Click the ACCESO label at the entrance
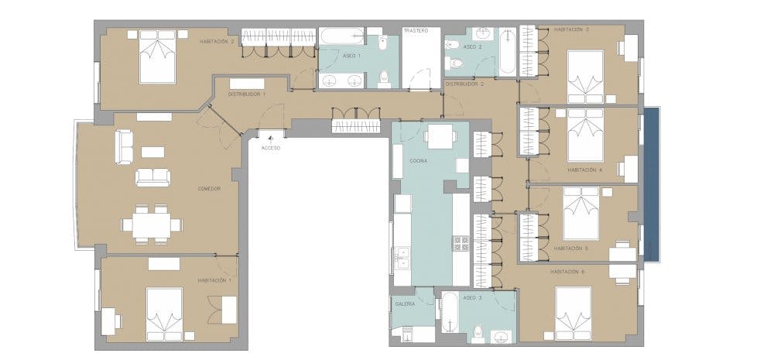pyautogui.click(x=271, y=148)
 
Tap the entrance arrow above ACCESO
pyautogui.click(x=271, y=141)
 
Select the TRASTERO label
pyautogui.click(x=415, y=31)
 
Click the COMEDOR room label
pyautogui.click(x=209, y=189)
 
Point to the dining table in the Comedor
pyautogui.click(x=152, y=225)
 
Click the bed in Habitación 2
pyautogui.click(x=157, y=57)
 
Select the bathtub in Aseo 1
pyautogui.click(x=341, y=37)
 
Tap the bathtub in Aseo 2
pyautogui.click(x=508, y=51)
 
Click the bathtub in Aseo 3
pyautogui.click(x=450, y=313)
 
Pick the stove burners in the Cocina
pyautogui.click(x=461, y=243)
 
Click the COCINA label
pyautogui.click(x=418, y=161)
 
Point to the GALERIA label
pyautogui.click(x=405, y=304)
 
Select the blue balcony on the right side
pyautogui.click(x=652, y=183)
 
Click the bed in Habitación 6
pyautogui.click(x=573, y=313)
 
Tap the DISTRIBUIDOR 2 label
pyautogui.click(x=464, y=84)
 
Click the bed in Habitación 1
pyautogui.click(x=164, y=314)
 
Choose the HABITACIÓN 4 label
pyautogui.click(x=585, y=170)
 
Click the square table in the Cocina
pyautogui.click(x=440, y=136)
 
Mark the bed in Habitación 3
pyautogui.click(x=585, y=77)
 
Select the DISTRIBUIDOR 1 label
pyautogui.click(x=247, y=94)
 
